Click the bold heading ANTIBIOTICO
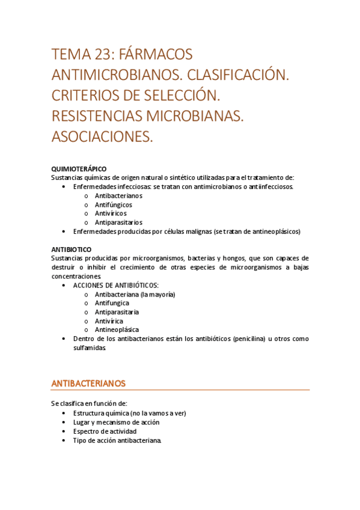tap(72, 248)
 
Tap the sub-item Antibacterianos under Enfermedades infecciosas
tap(118, 195)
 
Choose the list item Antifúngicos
tap(114, 204)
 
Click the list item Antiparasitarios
tap(118, 222)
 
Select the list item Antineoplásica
tap(117, 330)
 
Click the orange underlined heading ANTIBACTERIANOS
tap(89, 382)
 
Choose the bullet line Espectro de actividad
tap(105, 431)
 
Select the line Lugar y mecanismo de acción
tap(117, 422)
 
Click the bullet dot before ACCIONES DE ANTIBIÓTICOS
tap(65, 286)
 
